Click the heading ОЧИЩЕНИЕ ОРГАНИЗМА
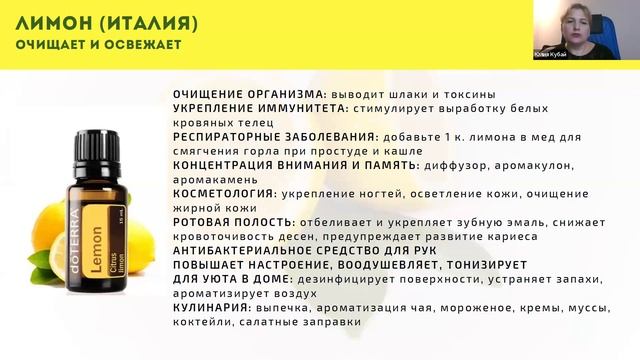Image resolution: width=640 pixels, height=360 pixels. (237, 93)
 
